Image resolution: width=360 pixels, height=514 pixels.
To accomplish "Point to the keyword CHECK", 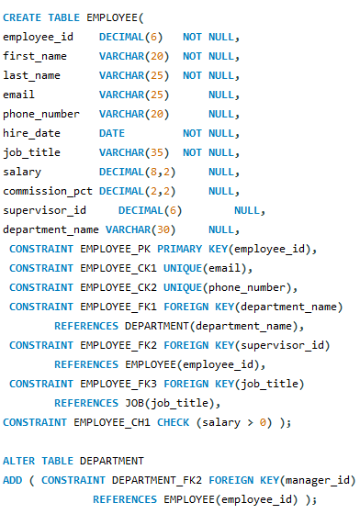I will pos(172,422).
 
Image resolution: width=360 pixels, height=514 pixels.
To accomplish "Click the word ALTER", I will pos(19,460).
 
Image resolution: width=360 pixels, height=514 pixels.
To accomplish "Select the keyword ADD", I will pos(13,479).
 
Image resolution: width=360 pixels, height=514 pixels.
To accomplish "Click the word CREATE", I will pos(22,17).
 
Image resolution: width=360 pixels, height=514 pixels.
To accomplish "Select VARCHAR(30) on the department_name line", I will pos(137,229).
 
